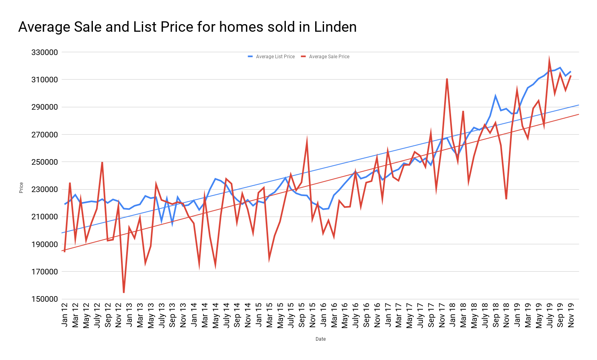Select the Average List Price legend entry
275,57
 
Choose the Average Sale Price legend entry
329,57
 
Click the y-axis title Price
21,188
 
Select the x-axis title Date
320,339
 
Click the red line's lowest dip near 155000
124,292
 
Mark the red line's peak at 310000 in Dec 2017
447,79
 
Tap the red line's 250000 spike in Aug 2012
102,162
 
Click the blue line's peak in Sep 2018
495,96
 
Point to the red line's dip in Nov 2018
506,198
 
